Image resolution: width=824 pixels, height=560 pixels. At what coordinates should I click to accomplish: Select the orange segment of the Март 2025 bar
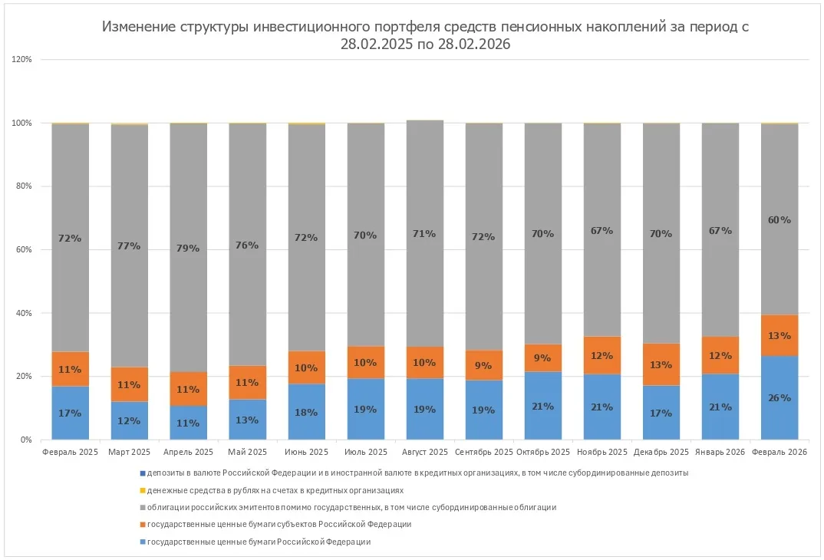[x=130, y=384]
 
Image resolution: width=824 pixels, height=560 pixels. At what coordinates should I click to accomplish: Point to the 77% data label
[x=130, y=246]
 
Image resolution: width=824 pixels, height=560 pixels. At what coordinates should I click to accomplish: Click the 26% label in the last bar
[x=780, y=398]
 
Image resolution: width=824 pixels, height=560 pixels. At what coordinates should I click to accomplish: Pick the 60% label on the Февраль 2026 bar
[x=780, y=220]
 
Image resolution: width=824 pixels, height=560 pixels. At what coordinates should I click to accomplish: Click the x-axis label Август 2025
[x=425, y=453]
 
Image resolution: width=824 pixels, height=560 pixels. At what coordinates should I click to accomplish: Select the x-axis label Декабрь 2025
[x=661, y=453]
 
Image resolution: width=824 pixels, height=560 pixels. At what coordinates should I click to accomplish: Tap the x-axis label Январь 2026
[x=720, y=453]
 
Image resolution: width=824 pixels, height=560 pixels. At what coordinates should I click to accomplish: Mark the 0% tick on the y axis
[x=26, y=440]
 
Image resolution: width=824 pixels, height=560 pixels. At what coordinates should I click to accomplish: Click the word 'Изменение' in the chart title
[x=137, y=28]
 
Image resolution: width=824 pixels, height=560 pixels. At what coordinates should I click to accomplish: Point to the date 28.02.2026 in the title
[x=471, y=44]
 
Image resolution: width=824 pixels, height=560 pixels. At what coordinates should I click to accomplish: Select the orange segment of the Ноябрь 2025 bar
[x=602, y=355]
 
